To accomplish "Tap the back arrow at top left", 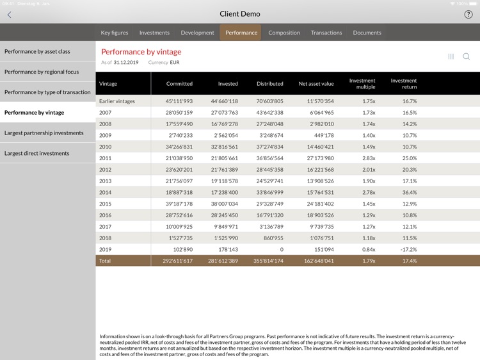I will pyautogui.click(x=9, y=14).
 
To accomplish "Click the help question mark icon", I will pyautogui.click(x=468, y=14).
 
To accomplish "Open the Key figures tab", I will pyautogui.click(x=115, y=33).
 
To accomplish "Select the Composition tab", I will pyautogui.click(x=284, y=33).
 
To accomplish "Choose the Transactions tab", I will pyautogui.click(x=326, y=33).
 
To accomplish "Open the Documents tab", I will pyautogui.click(x=367, y=33).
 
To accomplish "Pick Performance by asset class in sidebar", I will pyautogui.click(x=37, y=51).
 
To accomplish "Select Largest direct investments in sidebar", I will pyautogui.click(x=37, y=154).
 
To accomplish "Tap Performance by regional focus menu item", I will pyautogui.click(x=42, y=72).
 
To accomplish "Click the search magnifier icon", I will pyautogui.click(x=467, y=56).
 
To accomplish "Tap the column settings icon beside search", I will pyautogui.click(x=451, y=56).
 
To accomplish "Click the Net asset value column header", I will pyautogui.click(x=316, y=84).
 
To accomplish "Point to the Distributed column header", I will pyautogui.click(x=270, y=84).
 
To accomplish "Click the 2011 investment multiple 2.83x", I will pyautogui.click(x=368, y=158).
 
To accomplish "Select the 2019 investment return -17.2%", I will pyautogui.click(x=408, y=249).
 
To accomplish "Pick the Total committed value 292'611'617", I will pyautogui.click(x=175, y=261).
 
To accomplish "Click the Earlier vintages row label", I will pyautogui.click(x=117, y=101).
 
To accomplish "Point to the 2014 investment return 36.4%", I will pyautogui.click(x=410, y=192).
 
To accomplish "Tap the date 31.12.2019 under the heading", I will pyautogui.click(x=127, y=63).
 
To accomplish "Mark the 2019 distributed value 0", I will pyautogui.click(x=282, y=249).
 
